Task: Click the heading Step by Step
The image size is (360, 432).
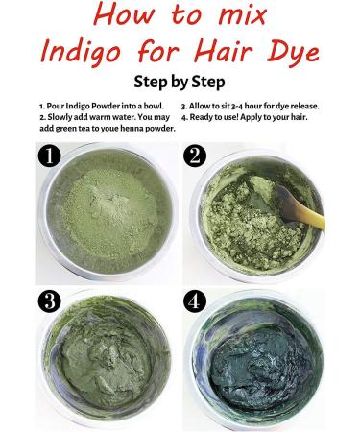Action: pos(180,82)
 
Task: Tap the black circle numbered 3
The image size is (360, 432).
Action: pos(51,299)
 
